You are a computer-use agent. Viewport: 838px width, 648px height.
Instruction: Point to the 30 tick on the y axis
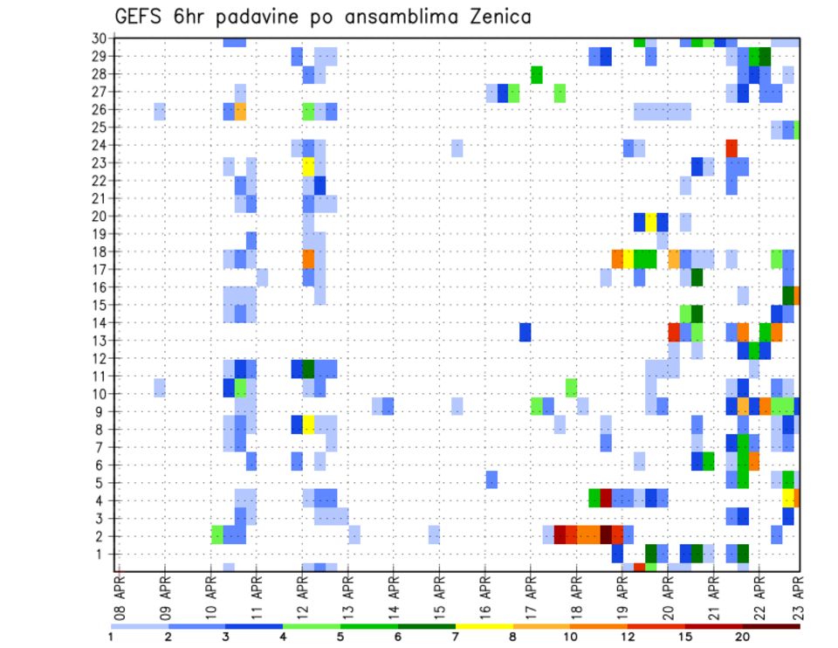click(x=100, y=38)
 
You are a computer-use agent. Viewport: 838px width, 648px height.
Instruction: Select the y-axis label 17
click(x=100, y=270)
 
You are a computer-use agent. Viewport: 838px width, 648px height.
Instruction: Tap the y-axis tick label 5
click(x=103, y=483)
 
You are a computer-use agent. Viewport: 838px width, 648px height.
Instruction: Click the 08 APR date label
click(x=120, y=594)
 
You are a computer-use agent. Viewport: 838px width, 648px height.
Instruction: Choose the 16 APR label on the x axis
click(x=484, y=594)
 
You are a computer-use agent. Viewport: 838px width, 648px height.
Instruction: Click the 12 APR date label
click(x=302, y=594)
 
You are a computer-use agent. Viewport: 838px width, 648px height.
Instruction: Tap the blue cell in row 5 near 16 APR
click(x=491, y=479)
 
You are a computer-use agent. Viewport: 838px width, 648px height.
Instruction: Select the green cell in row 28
click(x=537, y=75)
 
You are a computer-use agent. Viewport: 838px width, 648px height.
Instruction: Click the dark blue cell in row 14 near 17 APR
click(x=525, y=332)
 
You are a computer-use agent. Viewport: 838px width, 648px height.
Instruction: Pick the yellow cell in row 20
click(x=651, y=222)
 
